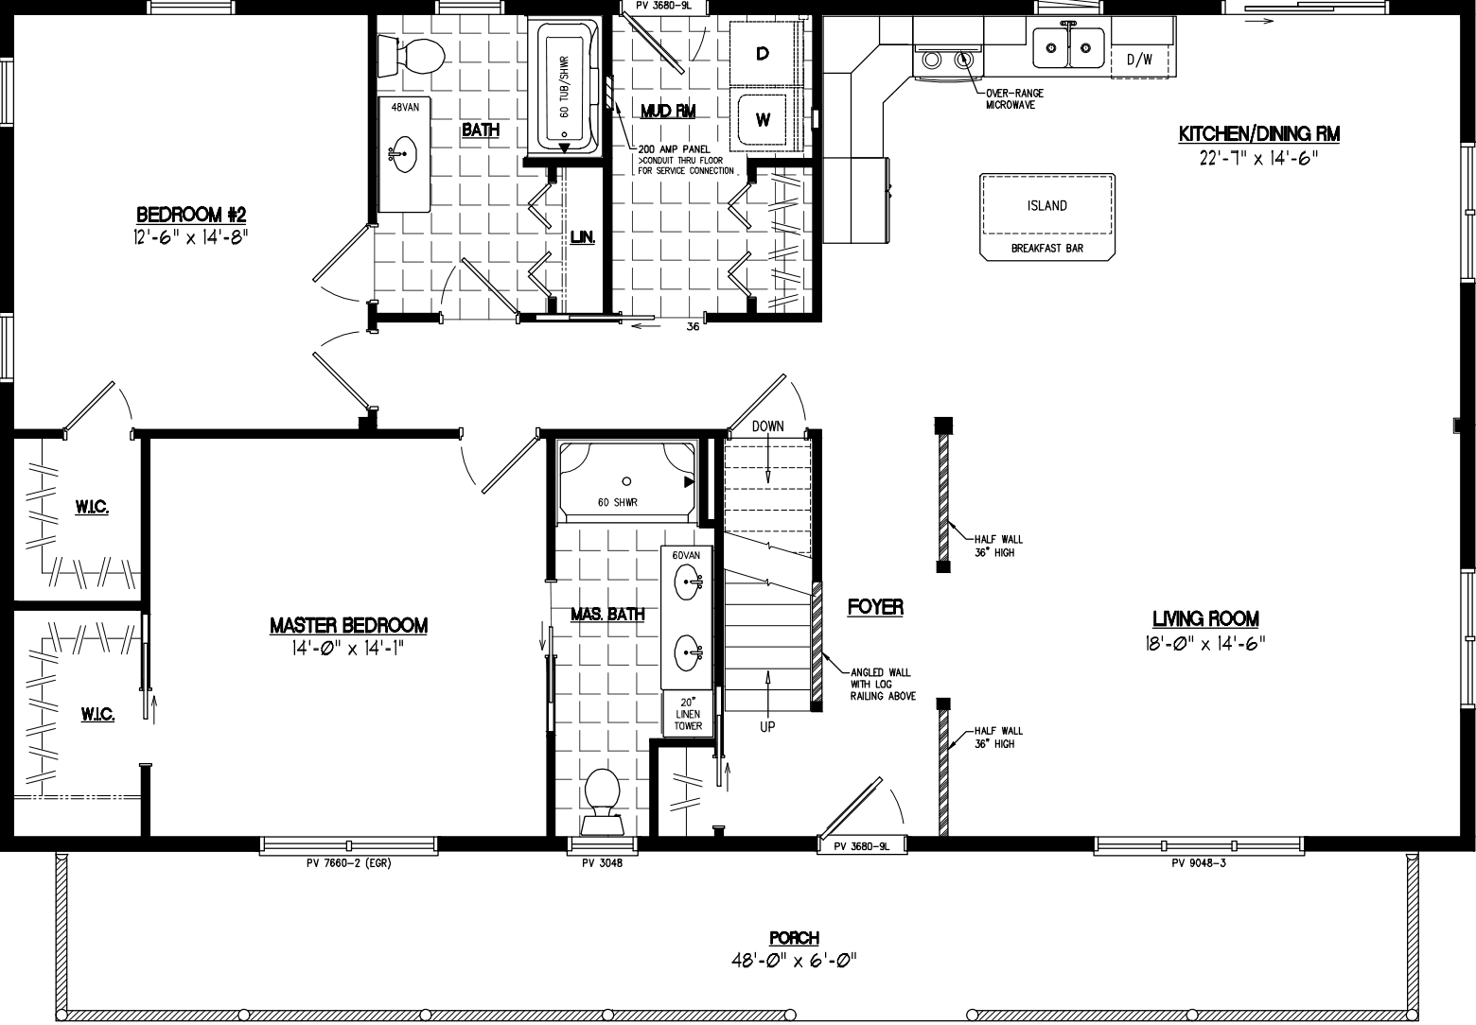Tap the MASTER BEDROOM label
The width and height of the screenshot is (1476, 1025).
348,626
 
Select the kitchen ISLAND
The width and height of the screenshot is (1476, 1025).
1046,206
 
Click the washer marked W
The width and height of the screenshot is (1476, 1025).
763,120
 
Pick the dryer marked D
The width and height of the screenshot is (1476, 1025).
762,55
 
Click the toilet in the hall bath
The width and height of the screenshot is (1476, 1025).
412,56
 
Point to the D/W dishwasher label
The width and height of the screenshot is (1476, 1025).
1139,60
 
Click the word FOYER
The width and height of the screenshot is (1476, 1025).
875,607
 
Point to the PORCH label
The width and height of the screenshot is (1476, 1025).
794,938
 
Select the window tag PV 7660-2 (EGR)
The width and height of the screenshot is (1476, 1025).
349,862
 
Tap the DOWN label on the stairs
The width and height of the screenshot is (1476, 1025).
767,426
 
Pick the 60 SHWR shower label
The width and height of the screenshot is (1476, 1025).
617,502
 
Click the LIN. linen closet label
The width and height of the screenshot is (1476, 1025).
582,238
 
